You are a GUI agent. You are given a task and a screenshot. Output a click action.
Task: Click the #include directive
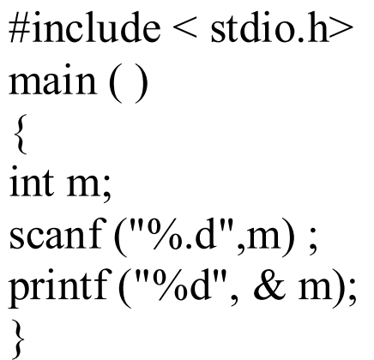point(85,28)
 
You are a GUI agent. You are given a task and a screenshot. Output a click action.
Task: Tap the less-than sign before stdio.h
point(185,30)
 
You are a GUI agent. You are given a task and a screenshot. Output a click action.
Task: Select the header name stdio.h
point(269,28)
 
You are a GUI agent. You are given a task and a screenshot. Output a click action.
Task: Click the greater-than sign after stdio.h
point(341,30)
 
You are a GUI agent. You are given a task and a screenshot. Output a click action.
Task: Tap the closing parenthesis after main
point(140,84)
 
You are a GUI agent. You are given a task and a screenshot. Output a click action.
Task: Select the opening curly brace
point(20,135)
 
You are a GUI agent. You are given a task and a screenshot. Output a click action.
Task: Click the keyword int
point(32,181)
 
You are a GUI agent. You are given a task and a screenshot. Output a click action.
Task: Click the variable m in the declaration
point(84,187)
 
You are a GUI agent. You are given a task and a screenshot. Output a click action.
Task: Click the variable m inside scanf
point(262,238)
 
